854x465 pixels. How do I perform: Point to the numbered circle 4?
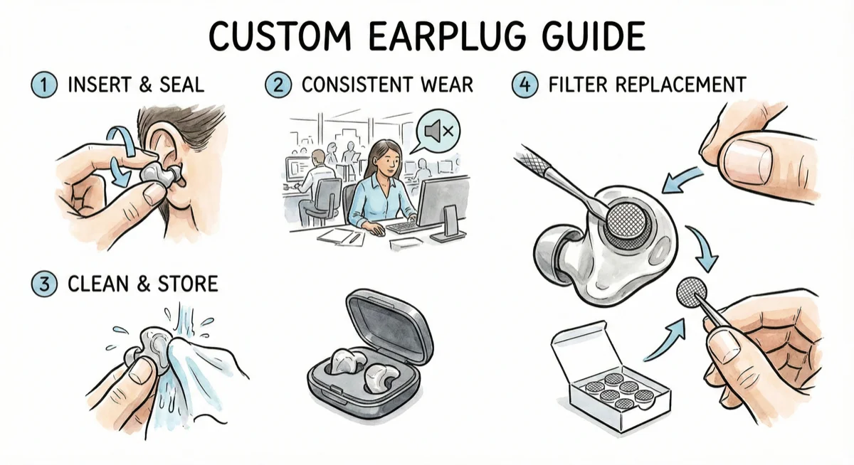524,85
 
